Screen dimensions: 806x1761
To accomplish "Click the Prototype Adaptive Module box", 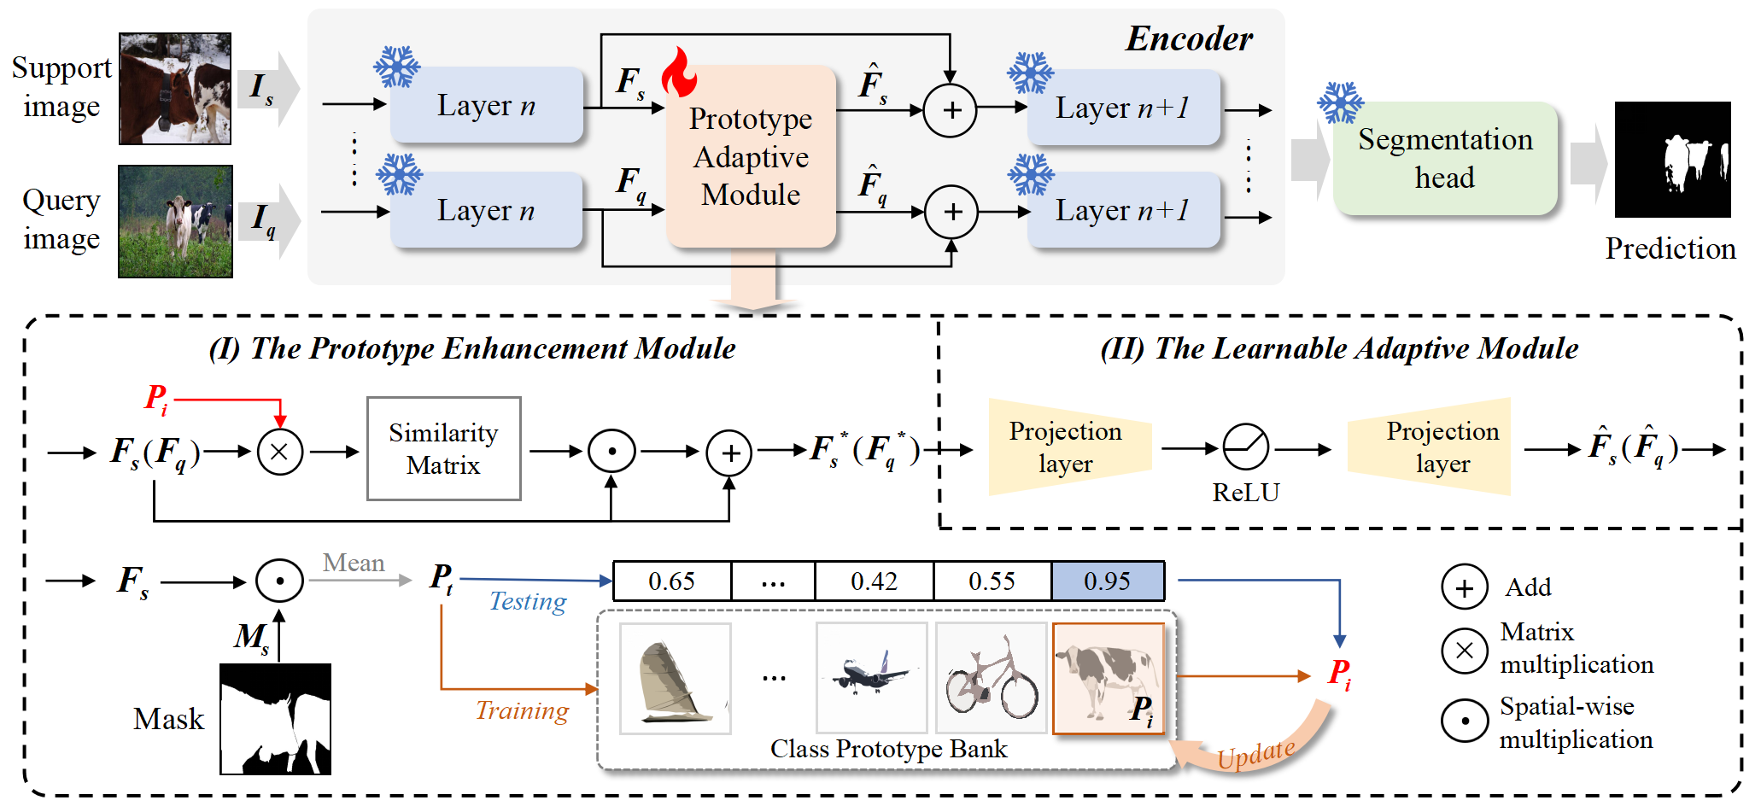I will pyautogui.click(x=751, y=157).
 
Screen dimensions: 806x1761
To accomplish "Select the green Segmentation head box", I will pyautogui.click(x=1445, y=159).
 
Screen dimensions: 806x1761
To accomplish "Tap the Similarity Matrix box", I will pyautogui.click(x=443, y=449).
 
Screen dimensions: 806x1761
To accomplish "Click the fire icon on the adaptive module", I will pyautogui.click(x=680, y=73).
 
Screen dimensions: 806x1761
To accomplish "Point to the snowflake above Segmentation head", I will pyautogui.click(x=1340, y=102).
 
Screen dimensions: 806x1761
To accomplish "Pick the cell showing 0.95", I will pyautogui.click(x=1108, y=581).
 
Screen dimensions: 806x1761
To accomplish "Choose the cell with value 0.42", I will pyautogui.click(x=874, y=581).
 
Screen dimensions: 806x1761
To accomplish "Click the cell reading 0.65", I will pyautogui.click(x=672, y=581).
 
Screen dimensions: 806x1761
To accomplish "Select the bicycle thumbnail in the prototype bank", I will pyautogui.click(x=991, y=678).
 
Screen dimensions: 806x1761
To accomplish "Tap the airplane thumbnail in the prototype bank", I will pyautogui.click(x=871, y=678).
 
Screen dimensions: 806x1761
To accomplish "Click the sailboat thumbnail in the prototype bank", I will pyautogui.click(x=675, y=678).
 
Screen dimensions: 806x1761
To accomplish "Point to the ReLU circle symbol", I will pyautogui.click(x=1245, y=447).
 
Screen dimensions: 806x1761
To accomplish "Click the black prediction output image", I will pyautogui.click(x=1672, y=160).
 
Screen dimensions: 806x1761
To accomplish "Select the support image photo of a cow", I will pyautogui.click(x=175, y=89).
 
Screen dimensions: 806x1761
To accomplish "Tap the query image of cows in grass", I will pyautogui.click(x=175, y=221).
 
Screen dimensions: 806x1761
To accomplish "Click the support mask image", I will pyautogui.click(x=275, y=719).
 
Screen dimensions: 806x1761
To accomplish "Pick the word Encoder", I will pyautogui.click(x=1189, y=39).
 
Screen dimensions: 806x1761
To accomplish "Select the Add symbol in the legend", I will pyautogui.click(x=1464, y=587).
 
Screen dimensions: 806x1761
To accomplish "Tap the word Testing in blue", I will pyautogui.click(x=528, y=602).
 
